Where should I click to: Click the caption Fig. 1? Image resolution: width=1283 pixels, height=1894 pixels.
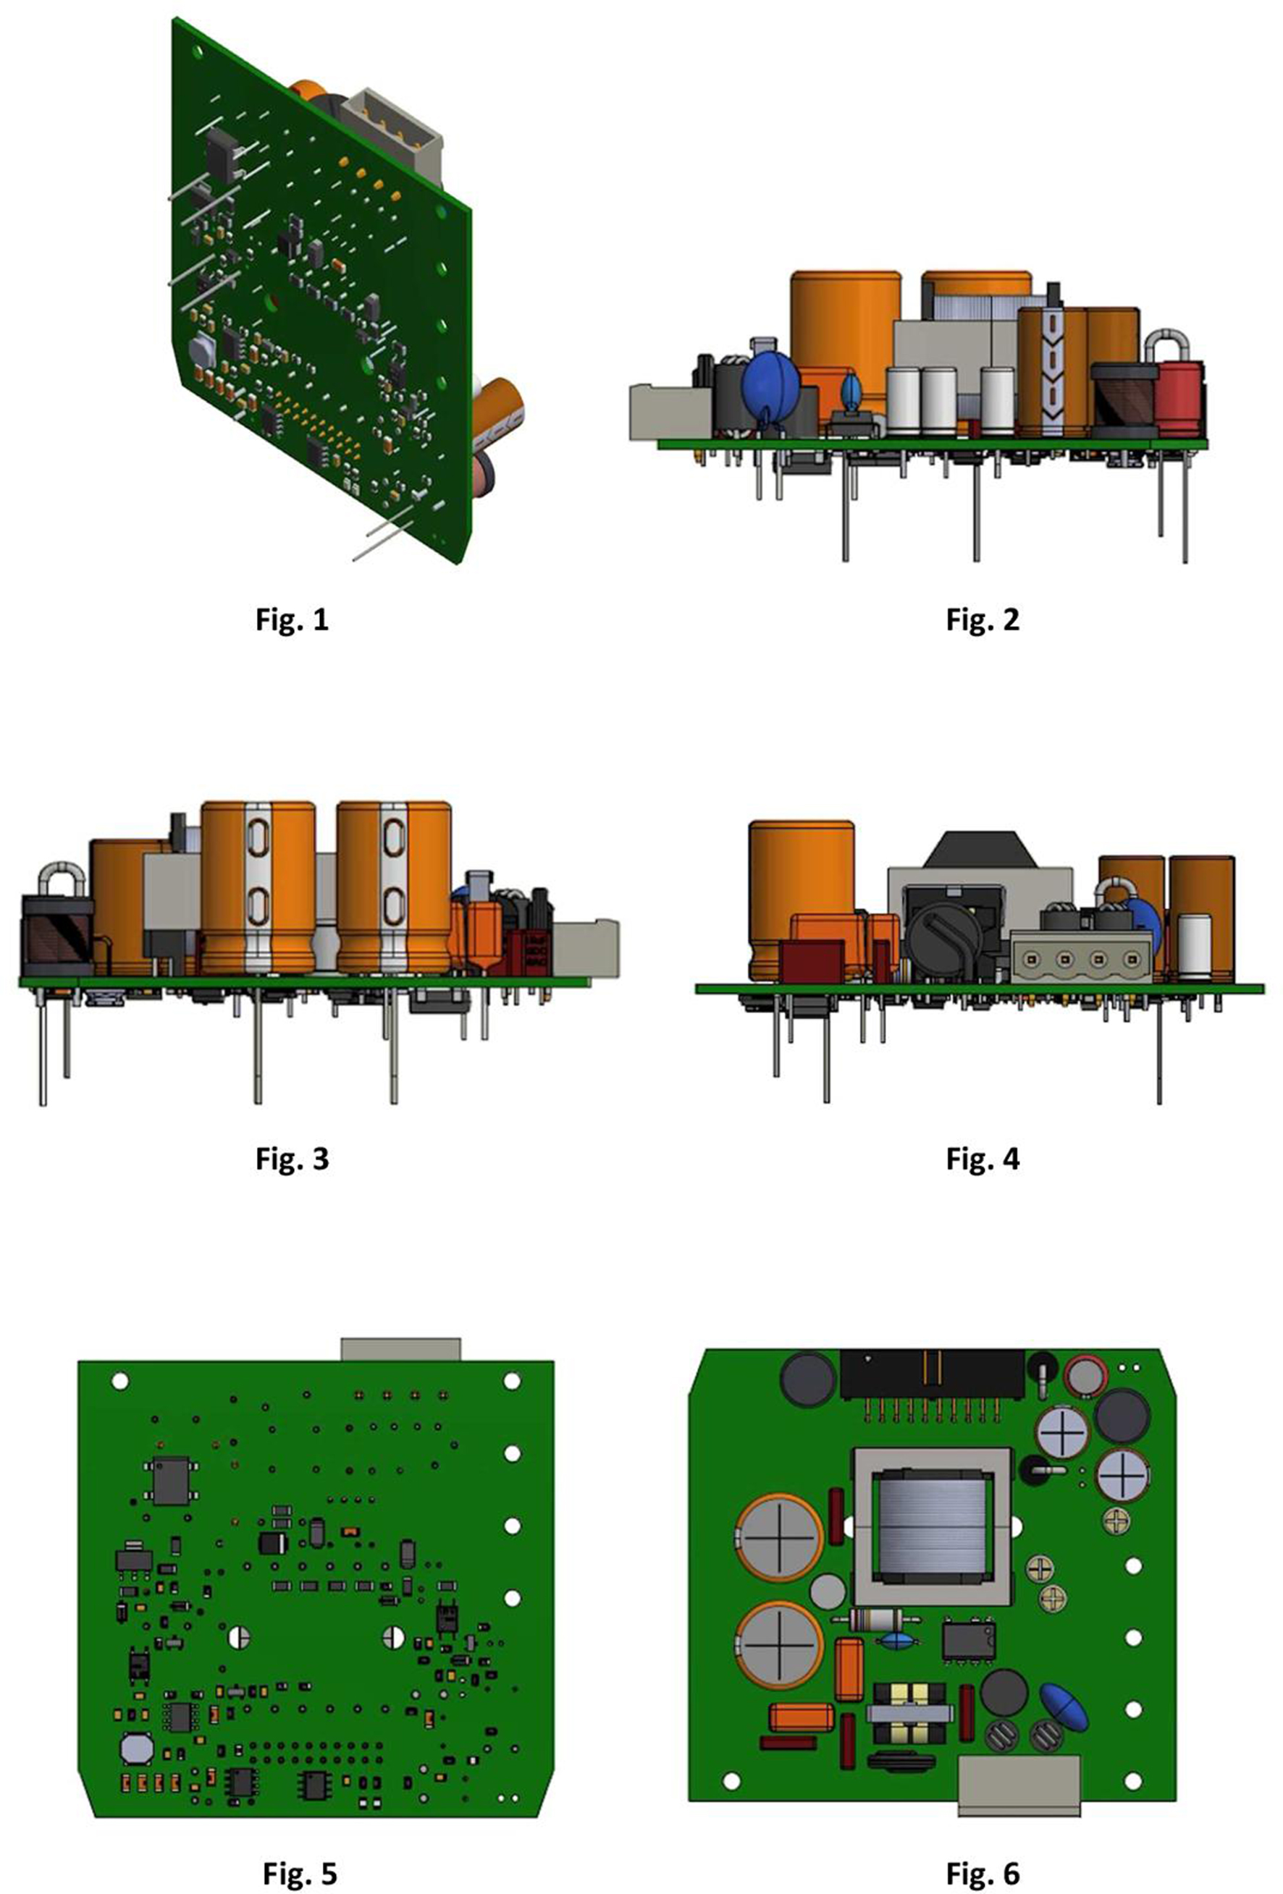[292, 620]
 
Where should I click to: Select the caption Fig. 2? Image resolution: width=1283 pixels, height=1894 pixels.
[983, 620]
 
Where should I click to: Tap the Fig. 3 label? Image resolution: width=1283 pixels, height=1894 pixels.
[292, 1158]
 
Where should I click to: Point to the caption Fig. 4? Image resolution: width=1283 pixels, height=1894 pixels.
[983, 1158]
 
